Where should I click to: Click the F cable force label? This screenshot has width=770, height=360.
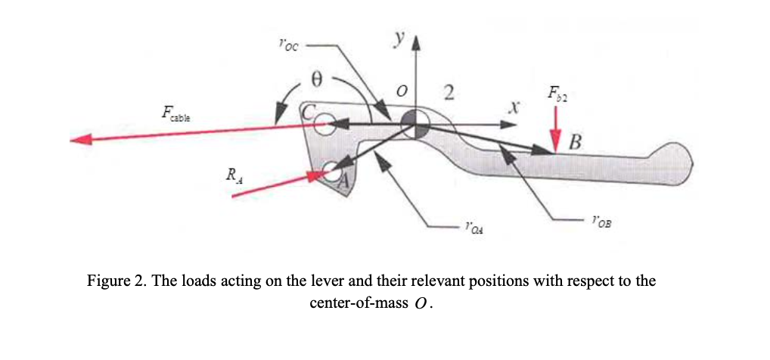pos(176,116)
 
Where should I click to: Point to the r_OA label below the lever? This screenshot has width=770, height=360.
pos(474,225)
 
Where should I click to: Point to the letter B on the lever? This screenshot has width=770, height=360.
pos(576,141)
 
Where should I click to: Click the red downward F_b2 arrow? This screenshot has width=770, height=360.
pos(557,129)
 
